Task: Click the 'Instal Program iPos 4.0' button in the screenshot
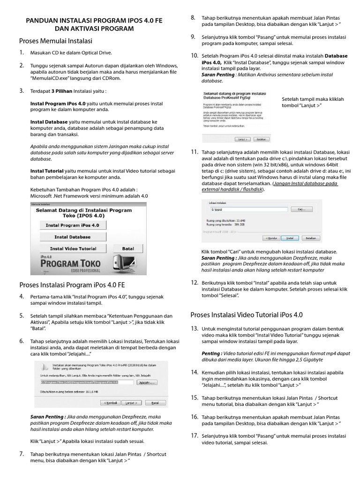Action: pos(72,225)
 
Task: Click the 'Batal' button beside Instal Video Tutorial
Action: pos(127,248)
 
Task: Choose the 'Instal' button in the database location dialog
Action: pos(290,238)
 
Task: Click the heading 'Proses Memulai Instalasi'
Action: pos(55,41)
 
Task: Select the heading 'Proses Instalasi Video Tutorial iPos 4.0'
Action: pos(247,314)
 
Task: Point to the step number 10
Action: pos(194,56)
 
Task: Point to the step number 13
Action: pos(194,329)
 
